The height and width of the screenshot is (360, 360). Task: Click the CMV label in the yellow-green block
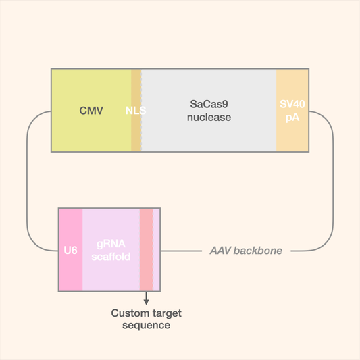click(x=91, y=111)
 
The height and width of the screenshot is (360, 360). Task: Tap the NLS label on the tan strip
click(x=136, y=111)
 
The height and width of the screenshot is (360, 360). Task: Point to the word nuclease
click(x=209, y=118)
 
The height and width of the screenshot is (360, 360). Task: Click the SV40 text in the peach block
click(x=292, y=105)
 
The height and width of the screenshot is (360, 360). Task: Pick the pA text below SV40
click(x=292, y=118)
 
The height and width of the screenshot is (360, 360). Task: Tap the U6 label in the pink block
click(x=71, y=251)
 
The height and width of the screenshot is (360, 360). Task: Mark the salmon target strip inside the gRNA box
click(x=146, y=250)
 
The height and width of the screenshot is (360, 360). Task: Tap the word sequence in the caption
click(x=146, y=326)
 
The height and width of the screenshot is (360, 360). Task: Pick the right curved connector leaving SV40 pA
click(x=333, y=182)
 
